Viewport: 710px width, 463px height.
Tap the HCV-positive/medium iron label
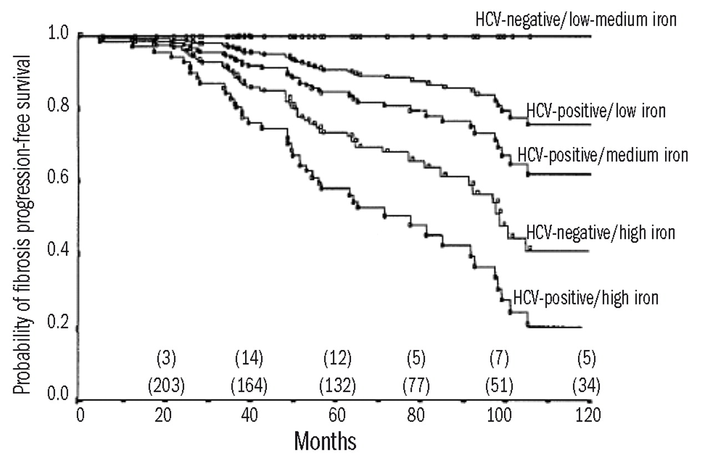[602, 155]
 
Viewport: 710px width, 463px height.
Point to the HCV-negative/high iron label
[600, 232]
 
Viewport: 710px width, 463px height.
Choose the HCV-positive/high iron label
[586, 298]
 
